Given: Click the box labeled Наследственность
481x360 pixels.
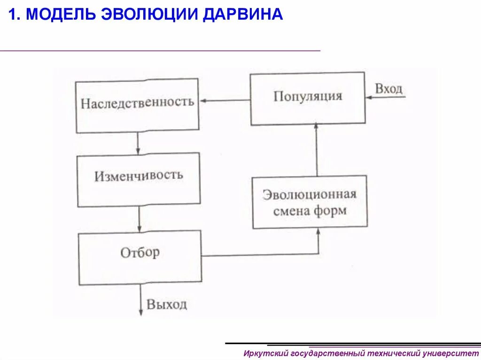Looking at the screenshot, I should click(137, 105).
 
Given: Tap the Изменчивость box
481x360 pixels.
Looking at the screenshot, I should click(139, 180).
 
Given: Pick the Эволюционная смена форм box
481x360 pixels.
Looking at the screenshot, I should click(310, 202).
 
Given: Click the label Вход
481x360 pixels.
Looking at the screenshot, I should click(388, 89).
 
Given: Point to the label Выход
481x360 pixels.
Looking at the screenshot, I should click(167, 304).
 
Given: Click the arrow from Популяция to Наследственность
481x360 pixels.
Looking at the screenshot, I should click(225, 100).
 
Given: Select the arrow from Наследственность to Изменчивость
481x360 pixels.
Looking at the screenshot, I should click(138, 143).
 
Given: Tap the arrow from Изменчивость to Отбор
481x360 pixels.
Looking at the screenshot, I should click(140, 218).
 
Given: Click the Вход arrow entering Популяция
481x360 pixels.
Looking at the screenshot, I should click(385, 98).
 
